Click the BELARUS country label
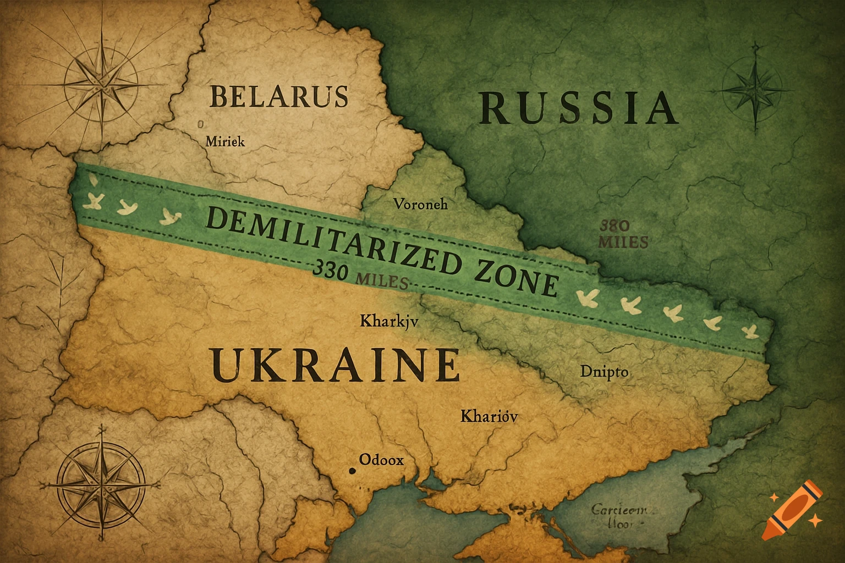pos(279,97)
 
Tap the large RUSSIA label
pos(578,108)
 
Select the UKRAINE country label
pos(335,366)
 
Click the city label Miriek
pos(225,141)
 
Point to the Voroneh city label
pos(421,205)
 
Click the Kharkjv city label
pos(389,321)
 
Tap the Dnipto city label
pos(604,372)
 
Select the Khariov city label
pos(489,416)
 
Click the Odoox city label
pos(381,459)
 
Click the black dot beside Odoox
pos(352,471)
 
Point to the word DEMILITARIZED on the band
pos(328,240)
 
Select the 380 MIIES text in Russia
pos(623,234)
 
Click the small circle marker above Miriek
pos(200,125)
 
